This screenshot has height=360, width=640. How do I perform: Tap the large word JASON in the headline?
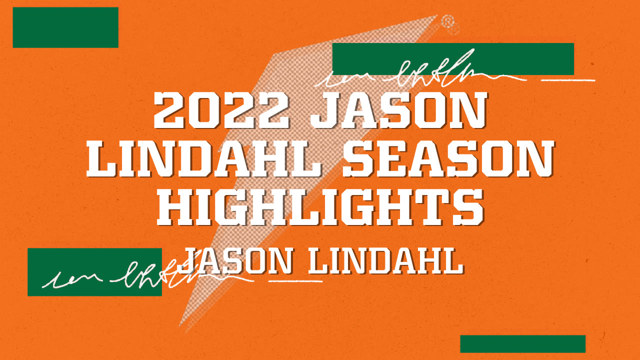398,110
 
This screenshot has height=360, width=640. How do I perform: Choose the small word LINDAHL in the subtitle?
385,260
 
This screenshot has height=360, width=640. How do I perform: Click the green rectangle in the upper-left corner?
65,27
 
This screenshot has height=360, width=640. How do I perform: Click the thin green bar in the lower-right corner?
522,343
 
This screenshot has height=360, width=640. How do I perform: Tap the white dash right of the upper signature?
568,79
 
